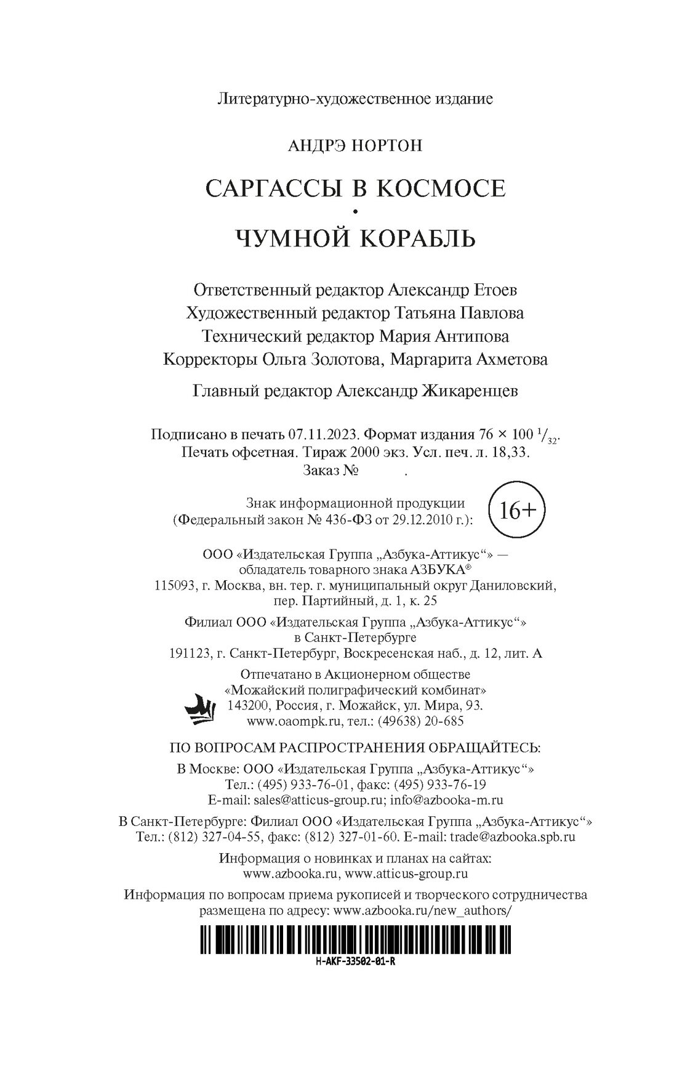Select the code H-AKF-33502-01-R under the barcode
pyautogui.click(x=354, y=962)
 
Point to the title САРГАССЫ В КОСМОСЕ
pyautogui.click(x=355, y=188)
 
